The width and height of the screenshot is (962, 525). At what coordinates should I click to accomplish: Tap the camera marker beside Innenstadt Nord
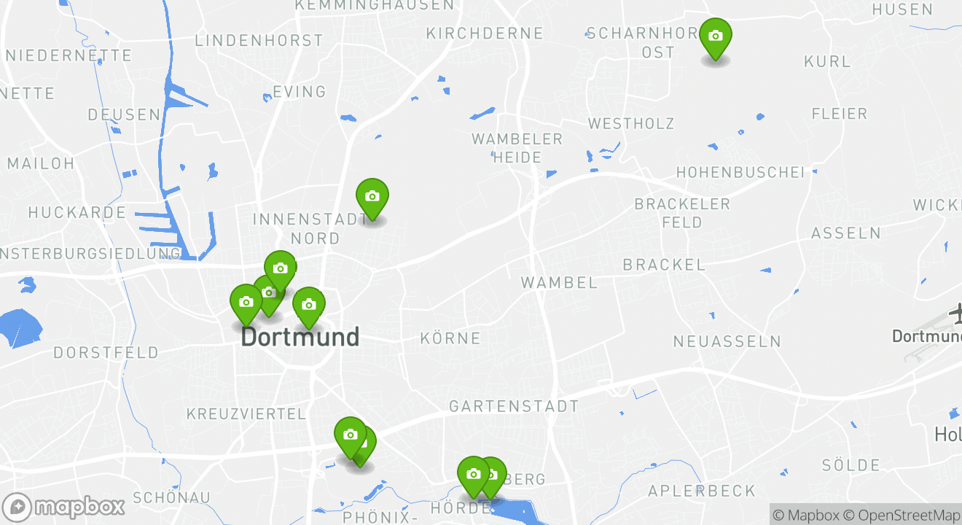tap(372, 197)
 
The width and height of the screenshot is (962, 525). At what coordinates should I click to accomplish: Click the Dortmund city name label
tap(300, 337)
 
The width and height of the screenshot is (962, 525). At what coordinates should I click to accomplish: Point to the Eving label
tap(299, 92)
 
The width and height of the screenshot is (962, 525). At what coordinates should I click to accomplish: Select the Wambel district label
tap(559, 282)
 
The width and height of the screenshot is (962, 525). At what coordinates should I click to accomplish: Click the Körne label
tap(450, 338)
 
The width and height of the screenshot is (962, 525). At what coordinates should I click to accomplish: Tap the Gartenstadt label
tap(514, 406)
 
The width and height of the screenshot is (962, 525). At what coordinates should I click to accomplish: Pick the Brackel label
tap(664, 265)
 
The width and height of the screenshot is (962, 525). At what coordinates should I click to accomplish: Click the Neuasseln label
tap(727, 341)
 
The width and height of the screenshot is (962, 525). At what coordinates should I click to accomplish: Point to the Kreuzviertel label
tap(246, 414)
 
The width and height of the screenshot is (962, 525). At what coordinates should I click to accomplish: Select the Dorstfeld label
tap(106, 353)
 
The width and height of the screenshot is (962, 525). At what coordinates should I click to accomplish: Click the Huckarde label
tap(77, 213)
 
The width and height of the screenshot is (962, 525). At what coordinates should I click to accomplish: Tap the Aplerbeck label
tap(702, 491)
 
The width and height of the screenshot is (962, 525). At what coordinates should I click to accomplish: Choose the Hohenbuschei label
tap(740, 173)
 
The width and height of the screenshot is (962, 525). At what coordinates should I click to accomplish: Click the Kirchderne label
tap(485, 34)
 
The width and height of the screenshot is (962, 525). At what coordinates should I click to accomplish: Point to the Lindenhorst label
tap(259, 41)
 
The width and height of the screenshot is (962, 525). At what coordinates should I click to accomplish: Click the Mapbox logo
tap(63, 507)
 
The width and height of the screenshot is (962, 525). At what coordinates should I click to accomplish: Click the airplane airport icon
tap(955, 314)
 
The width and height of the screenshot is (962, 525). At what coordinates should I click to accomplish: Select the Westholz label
tap(631, 124)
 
